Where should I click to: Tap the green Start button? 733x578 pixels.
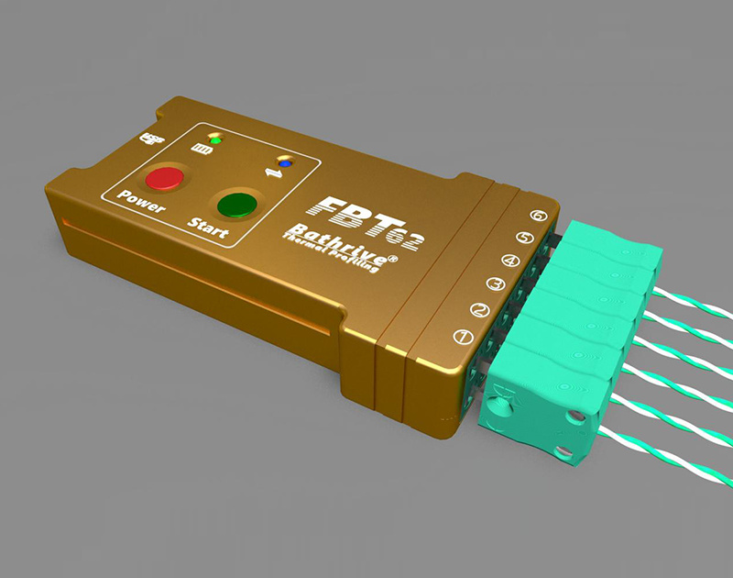(235, 203)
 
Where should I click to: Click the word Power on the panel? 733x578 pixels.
(140, 205)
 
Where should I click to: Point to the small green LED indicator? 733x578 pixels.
(216, 140)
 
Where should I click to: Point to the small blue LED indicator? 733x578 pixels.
(285, 163)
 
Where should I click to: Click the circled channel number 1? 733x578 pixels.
(464, 337)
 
